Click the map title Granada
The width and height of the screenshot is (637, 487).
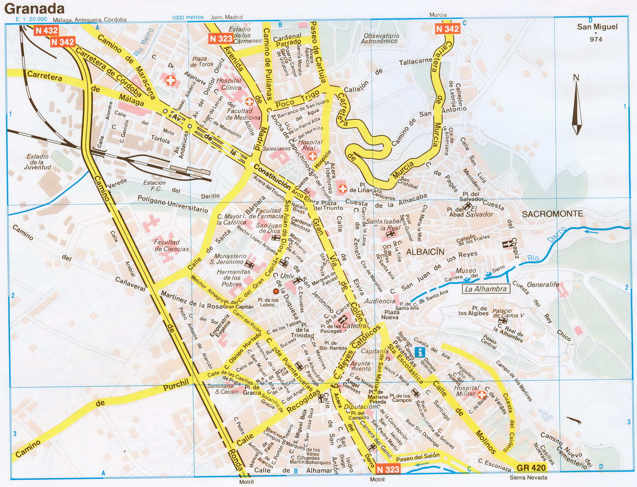(34, 9)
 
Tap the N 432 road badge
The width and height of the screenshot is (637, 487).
(47, 30)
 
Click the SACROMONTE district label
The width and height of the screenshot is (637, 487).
(552, 214)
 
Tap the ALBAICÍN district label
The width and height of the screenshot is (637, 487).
(425, 252)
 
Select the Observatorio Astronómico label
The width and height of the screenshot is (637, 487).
(381, 38)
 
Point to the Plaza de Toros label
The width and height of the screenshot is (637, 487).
(202, 61)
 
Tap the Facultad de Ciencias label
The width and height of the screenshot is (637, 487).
(171, 245)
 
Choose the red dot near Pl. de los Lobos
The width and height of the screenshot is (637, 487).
(276, 291)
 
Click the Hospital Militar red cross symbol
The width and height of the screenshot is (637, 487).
(482, 395)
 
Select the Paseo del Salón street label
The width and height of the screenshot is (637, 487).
(418, 457)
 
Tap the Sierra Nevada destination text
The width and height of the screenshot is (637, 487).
(528, 477)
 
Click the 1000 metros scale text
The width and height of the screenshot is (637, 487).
(187, 18)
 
